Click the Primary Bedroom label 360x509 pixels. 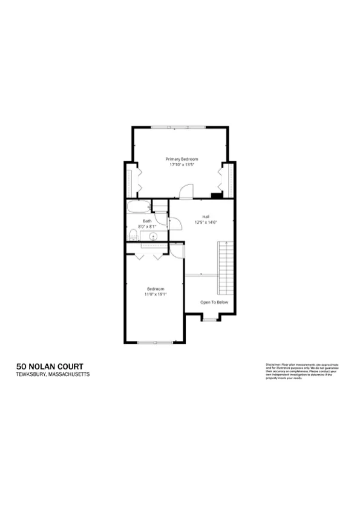[182, 159]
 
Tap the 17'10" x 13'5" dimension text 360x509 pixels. [182, 164]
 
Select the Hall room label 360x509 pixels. [206, 216]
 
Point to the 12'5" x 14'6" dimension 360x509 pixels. [206, 222]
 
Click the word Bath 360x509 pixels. [147, 221]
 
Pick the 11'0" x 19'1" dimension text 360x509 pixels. [155, 294]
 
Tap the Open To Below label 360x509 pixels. [214, 302]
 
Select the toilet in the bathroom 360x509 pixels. [133, 235]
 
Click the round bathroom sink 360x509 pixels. [154, 236]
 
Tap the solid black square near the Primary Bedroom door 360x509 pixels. [215, 195]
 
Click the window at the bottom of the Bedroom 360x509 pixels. [155, 343]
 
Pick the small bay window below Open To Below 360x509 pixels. [209, 319]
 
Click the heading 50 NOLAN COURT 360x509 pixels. [50, 366]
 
